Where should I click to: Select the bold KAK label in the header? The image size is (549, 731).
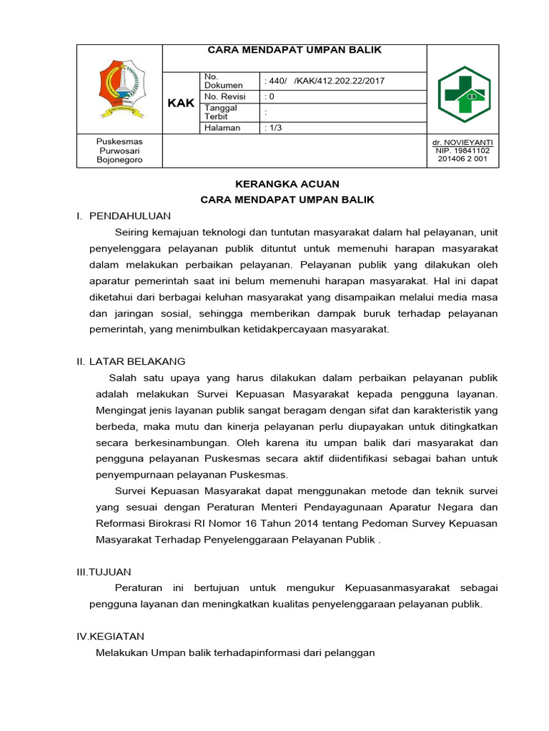(181, 104)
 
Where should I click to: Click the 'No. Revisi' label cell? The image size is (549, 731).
(224, 96)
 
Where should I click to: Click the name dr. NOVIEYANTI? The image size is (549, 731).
(463, 142)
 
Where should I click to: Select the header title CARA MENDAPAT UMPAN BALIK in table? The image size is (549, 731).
(294, 50)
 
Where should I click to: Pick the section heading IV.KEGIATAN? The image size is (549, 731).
(110, 636)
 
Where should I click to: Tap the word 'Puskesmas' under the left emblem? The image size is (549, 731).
(119, 142)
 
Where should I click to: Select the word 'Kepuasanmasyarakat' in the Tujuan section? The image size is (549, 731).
(397, 588)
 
